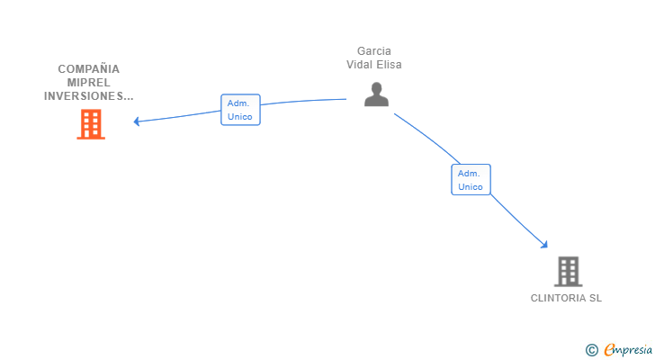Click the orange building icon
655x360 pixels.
(91, 124)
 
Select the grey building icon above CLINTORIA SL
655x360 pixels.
(567, 271)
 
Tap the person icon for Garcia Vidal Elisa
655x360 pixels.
(376, 94)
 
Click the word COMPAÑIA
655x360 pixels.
(89, 68)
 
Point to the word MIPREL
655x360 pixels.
(89, 82)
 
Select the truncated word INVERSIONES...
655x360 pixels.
(89, 95)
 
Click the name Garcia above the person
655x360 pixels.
(374, 51)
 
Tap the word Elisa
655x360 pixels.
(390, 65)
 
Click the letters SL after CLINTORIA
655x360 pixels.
(596, 299)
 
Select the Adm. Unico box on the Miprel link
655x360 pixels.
(240, 110)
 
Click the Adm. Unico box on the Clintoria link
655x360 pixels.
(471, 179)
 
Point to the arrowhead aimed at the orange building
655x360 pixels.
(137, 121)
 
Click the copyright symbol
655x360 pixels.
(591, 350)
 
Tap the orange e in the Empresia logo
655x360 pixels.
(609, 350)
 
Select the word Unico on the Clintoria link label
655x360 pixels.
(471, 187)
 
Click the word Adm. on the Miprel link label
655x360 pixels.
(238, 103)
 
